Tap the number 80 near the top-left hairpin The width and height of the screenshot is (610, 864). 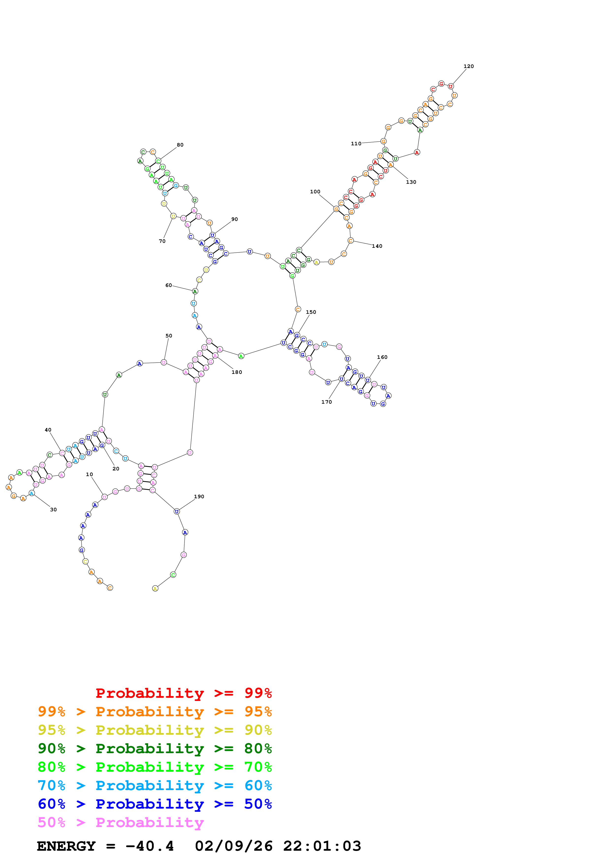180,145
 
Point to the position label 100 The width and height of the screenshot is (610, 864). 315,192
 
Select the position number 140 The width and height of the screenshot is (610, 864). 377,246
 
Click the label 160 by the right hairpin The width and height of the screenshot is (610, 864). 382,357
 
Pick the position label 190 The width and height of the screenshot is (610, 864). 199,496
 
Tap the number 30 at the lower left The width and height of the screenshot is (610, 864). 53,510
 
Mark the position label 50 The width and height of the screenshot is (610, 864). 169,336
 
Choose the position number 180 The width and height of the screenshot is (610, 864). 237,372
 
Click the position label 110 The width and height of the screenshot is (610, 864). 356,143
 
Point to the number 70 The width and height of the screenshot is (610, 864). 162,241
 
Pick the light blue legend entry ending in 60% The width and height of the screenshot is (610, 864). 155,785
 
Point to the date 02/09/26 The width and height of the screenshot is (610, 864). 234,846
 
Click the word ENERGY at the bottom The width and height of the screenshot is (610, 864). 66,846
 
